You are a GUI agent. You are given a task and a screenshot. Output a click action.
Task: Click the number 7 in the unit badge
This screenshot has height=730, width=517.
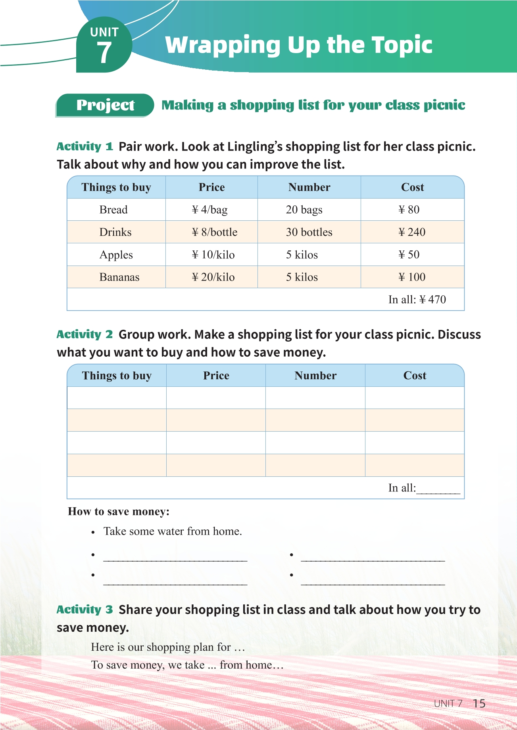(104, 53)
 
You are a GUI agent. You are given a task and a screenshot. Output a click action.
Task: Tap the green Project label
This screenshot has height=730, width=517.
(105, 105)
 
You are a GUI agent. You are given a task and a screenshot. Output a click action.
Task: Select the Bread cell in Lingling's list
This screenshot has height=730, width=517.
(113, 210)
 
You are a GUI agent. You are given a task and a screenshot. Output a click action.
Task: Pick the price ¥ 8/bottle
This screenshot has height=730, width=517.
(214, 232)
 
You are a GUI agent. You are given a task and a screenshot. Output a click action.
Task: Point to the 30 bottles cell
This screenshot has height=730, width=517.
(309, 232)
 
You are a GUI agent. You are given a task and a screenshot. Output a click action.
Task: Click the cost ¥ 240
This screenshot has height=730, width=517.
(412, 232)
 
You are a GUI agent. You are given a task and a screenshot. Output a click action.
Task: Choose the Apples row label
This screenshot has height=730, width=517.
(116, 255)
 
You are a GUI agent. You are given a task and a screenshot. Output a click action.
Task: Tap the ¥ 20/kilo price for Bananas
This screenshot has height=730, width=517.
(213, 277)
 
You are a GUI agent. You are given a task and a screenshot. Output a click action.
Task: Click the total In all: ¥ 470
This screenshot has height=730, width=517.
(417, 300)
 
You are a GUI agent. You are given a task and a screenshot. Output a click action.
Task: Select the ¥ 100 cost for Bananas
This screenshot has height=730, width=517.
(412, 277)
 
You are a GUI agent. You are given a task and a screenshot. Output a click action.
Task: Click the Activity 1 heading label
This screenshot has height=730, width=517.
(85, 147)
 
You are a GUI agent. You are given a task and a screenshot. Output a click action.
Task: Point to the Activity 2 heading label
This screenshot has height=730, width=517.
(85, 334)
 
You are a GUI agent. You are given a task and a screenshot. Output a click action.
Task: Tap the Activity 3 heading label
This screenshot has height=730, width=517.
(85, 610)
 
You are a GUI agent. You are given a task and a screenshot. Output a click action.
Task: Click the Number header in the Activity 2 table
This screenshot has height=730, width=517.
(315, 376)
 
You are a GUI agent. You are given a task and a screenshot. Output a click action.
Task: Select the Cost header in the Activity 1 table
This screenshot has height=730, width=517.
(413, 187)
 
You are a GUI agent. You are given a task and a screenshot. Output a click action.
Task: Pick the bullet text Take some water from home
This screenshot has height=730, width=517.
(173, 531)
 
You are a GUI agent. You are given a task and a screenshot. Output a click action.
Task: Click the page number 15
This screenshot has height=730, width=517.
(479, 703)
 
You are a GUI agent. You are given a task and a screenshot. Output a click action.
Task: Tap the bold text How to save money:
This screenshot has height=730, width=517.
(119, 512)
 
